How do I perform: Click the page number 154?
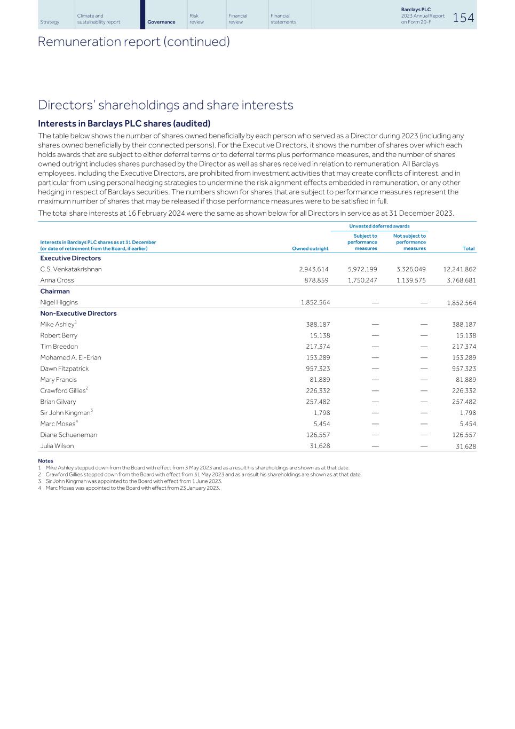click(x=463, y=18)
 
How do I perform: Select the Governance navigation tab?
click(x=161, y=22)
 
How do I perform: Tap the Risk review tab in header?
click(x=196, y=19)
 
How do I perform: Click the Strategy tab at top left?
click(x=50, y=22)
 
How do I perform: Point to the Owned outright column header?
click(x=310, y=248)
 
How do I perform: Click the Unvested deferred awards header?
click(x=379, y=226)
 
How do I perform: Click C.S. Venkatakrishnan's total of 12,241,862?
click(x=459, y=269)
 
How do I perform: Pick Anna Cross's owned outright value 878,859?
click(x=313, y=280)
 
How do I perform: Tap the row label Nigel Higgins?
click(x=59, y=302)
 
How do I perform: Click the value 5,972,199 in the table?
click(x=362, y=269)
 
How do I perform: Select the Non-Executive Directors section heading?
click(x=78, y=313)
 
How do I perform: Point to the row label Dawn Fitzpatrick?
click(x=65, y=369)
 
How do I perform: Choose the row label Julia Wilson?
click(x=57, y=446)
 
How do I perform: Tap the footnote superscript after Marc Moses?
click(x=77, y=421)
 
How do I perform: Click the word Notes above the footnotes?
click(x=45, y=461)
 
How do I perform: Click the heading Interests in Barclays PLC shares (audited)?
click(x=124, y=123)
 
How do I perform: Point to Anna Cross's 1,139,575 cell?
click(x=411, y=280)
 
